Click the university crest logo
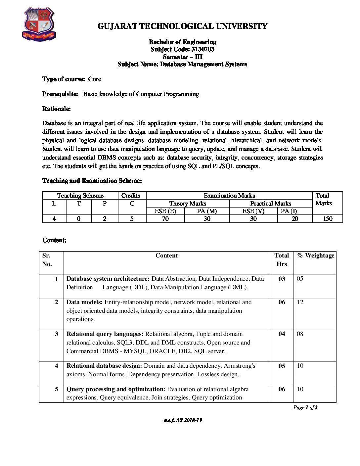click(39, 24)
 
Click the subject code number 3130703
click(203, 49)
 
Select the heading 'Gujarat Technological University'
click(182, 26)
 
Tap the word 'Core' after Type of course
click(95, 79)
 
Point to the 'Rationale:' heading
click(57, 109)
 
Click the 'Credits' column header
click(131, 196)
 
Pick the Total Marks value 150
click(328, 219)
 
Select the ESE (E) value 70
click(165, 219)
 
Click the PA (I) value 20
click(295, 219)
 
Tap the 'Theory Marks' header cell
click(188, 204)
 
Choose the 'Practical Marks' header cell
click(271, 204)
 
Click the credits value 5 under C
click(132, 219)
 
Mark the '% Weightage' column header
click(316, 256)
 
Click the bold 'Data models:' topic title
click(85, 302)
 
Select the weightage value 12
click(300, 302)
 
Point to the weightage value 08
click(300, 334)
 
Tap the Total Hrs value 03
click(282, 279)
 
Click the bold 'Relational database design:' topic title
click(104, 366)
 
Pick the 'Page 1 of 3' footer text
click(305, 407)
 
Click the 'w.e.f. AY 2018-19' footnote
click(183, 420)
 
